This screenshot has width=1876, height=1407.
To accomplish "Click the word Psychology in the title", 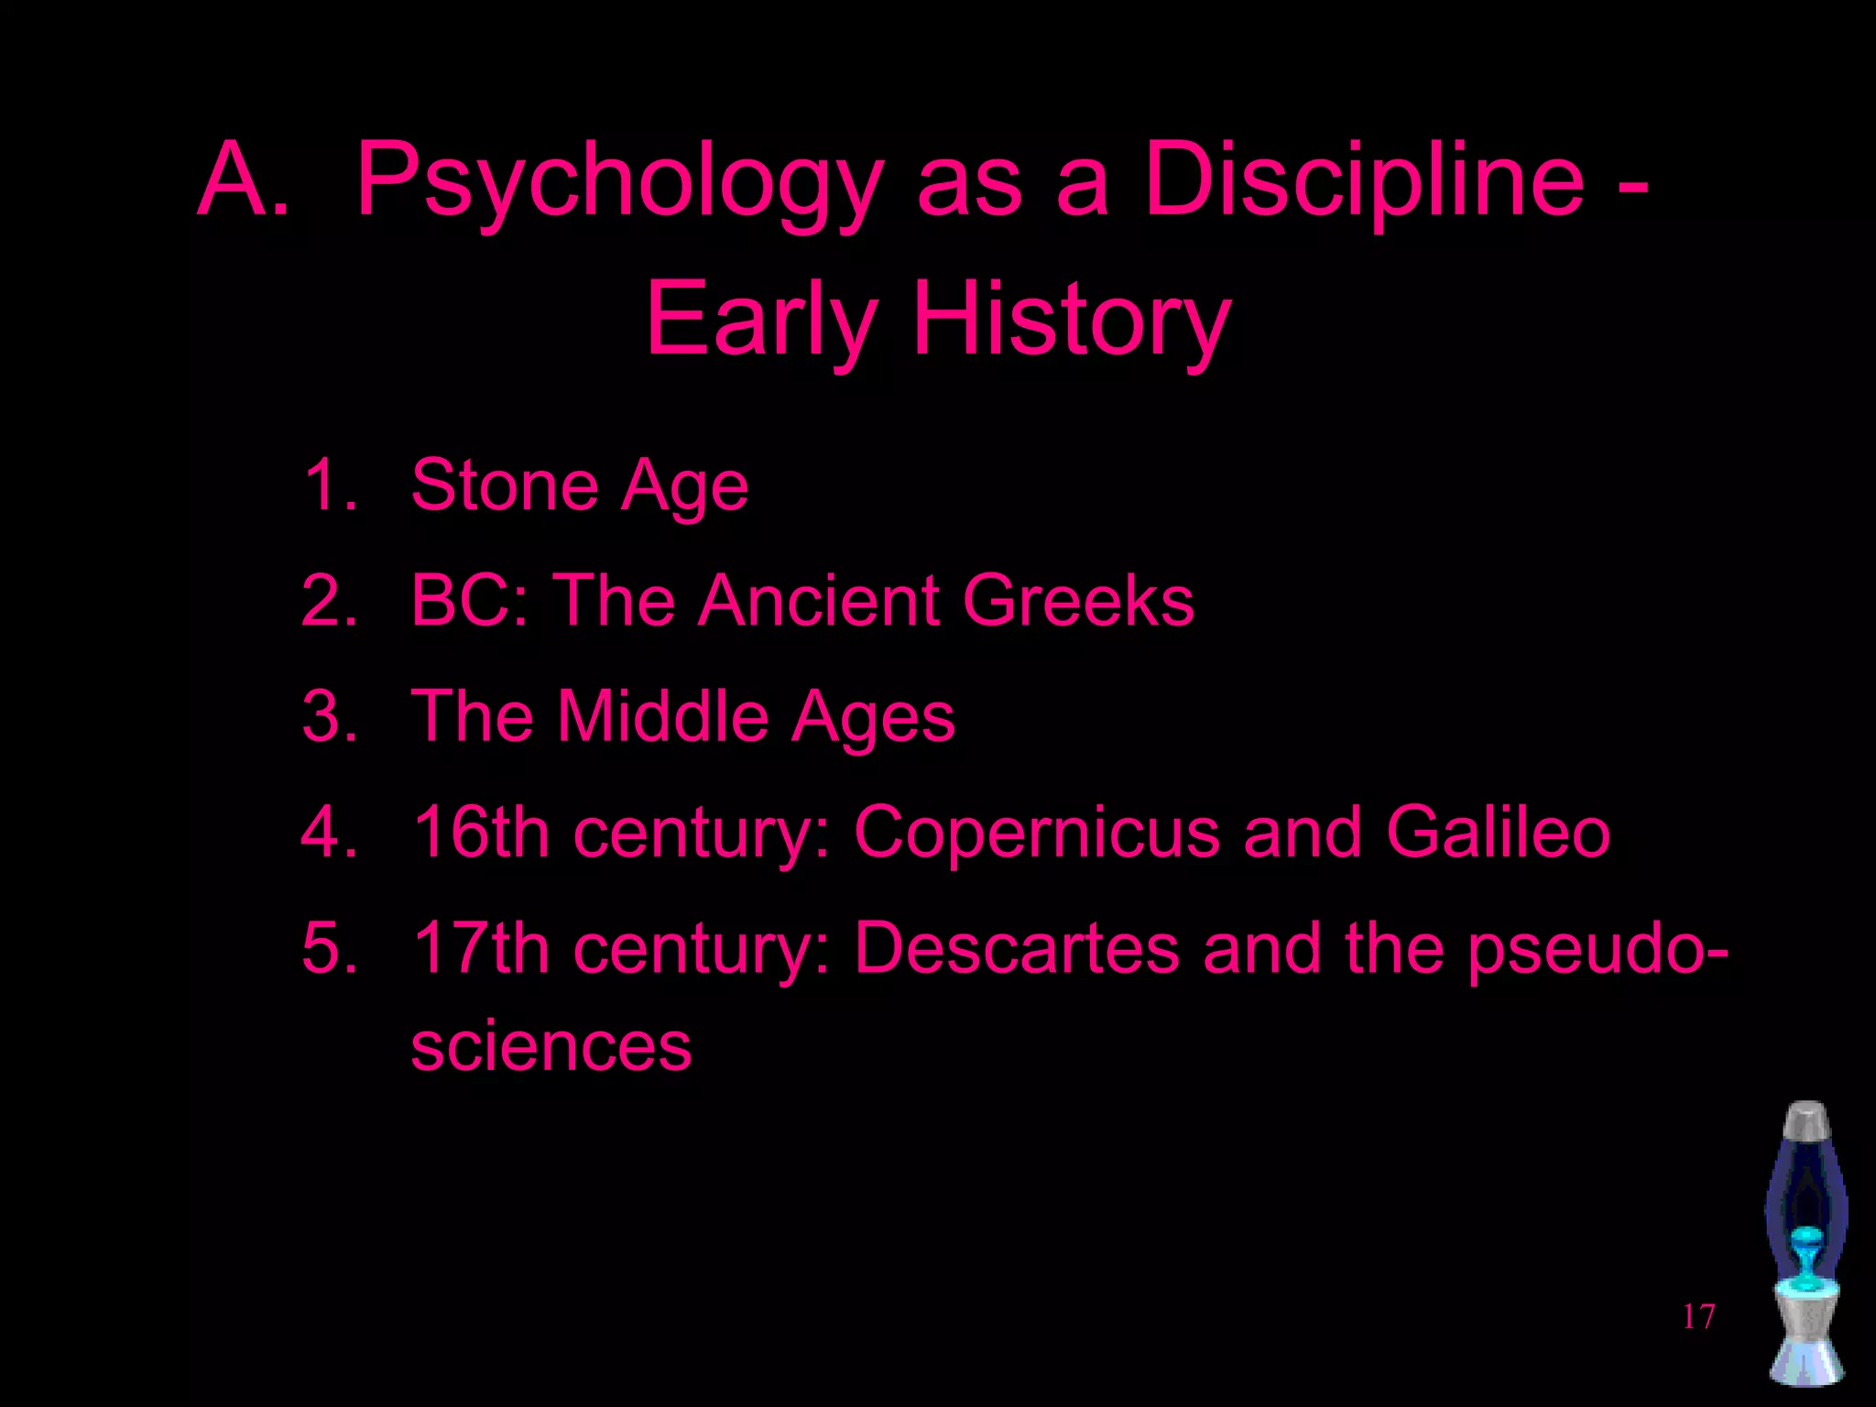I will [619, 183].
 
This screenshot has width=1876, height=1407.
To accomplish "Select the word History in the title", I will [1072, 321].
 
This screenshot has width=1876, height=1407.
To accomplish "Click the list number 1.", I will [328, 485].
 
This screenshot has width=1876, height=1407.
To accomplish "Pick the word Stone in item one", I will [504, 485].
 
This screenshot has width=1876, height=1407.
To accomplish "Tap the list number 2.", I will [328, 601].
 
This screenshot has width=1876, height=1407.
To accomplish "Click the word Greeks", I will [1078, 601].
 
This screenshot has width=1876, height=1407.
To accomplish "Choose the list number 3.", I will [328, 716].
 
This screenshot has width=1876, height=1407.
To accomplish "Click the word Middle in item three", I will [663, 716].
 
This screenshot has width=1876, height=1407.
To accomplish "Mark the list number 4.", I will [328, 833].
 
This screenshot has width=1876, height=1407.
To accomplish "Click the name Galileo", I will [1498, 833].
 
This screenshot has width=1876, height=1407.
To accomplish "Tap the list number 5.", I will [328, 948].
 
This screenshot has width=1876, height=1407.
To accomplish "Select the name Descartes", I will [1017, 948].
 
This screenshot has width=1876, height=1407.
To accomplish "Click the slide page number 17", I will [1698, 1316].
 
